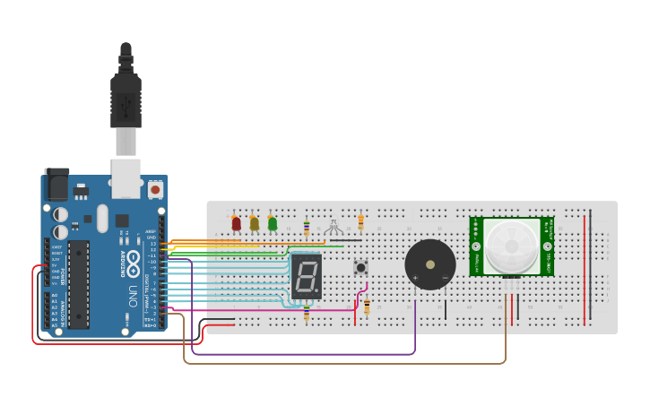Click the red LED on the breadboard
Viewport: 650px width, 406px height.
[x=236, y=223]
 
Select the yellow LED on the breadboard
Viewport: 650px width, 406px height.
[x=255, y=223]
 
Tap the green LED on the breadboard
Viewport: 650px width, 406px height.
[x=273, y=223]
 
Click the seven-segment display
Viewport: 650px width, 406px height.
[x=306, y=276]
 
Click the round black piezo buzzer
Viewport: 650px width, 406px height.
[x=430, y=264]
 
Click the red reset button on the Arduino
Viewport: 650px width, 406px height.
[x=155, y=190]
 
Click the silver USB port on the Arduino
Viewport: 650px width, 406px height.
[x=126, y=177]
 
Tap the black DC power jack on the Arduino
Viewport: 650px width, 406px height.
[x=56, y=186]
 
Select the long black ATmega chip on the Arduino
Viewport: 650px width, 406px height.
[x=79, y=284]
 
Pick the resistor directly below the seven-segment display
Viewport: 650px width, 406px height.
[x=307, y=313]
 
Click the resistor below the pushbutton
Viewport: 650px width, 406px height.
[x=367, y=307]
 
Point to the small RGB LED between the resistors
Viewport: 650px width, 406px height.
[x=334, y=224]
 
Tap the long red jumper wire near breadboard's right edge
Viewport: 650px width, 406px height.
[x=585, y=269]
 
